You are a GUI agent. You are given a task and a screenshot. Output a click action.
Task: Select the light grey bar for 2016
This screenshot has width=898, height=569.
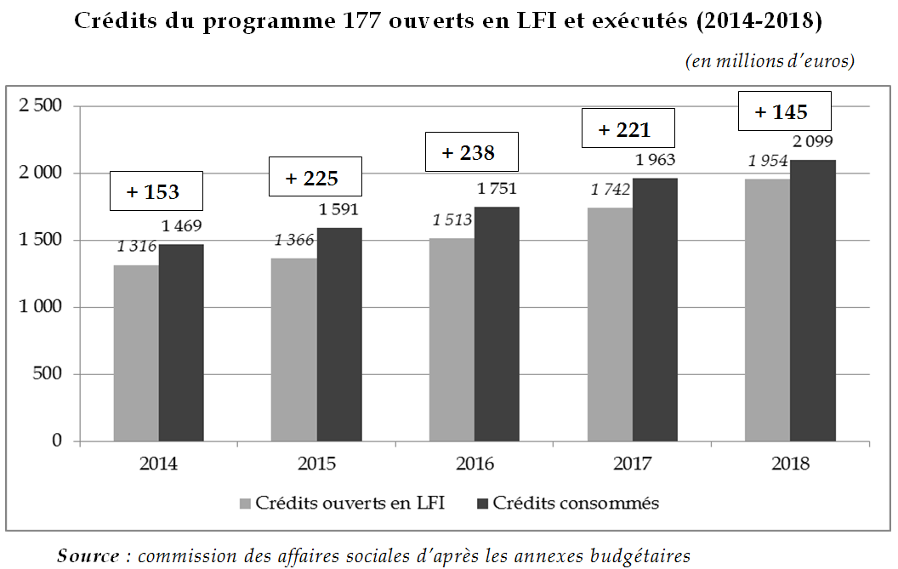coord(452,339)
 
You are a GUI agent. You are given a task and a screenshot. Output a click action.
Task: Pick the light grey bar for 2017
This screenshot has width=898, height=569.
coord(609,324)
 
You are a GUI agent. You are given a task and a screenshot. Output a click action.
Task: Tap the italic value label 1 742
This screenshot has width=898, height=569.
coord(611,190)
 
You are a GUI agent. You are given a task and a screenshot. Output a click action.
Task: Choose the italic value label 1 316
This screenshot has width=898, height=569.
coord(137,247)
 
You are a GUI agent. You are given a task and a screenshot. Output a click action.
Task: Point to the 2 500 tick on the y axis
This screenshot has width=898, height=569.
coord(40,106)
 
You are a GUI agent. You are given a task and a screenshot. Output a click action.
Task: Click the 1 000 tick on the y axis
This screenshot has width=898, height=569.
coord(40,307)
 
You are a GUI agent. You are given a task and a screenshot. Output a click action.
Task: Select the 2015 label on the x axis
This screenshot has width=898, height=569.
coord(316,464)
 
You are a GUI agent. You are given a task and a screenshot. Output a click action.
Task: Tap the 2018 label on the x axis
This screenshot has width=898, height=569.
coord(789,464)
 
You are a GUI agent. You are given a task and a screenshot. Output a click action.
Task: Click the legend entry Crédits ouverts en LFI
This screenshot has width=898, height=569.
coord(341,503)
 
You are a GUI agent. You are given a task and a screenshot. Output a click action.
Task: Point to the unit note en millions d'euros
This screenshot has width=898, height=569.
coord(770,61)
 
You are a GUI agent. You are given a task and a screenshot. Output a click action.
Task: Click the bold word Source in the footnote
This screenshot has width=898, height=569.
coord(88,556)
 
